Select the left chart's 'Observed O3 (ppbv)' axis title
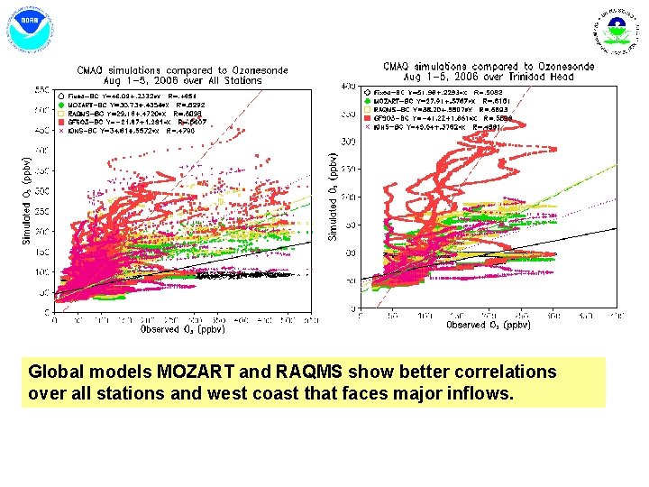(183, 329)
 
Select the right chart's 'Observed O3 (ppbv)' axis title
(489, 324)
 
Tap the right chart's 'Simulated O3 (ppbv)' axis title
(333, 195)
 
